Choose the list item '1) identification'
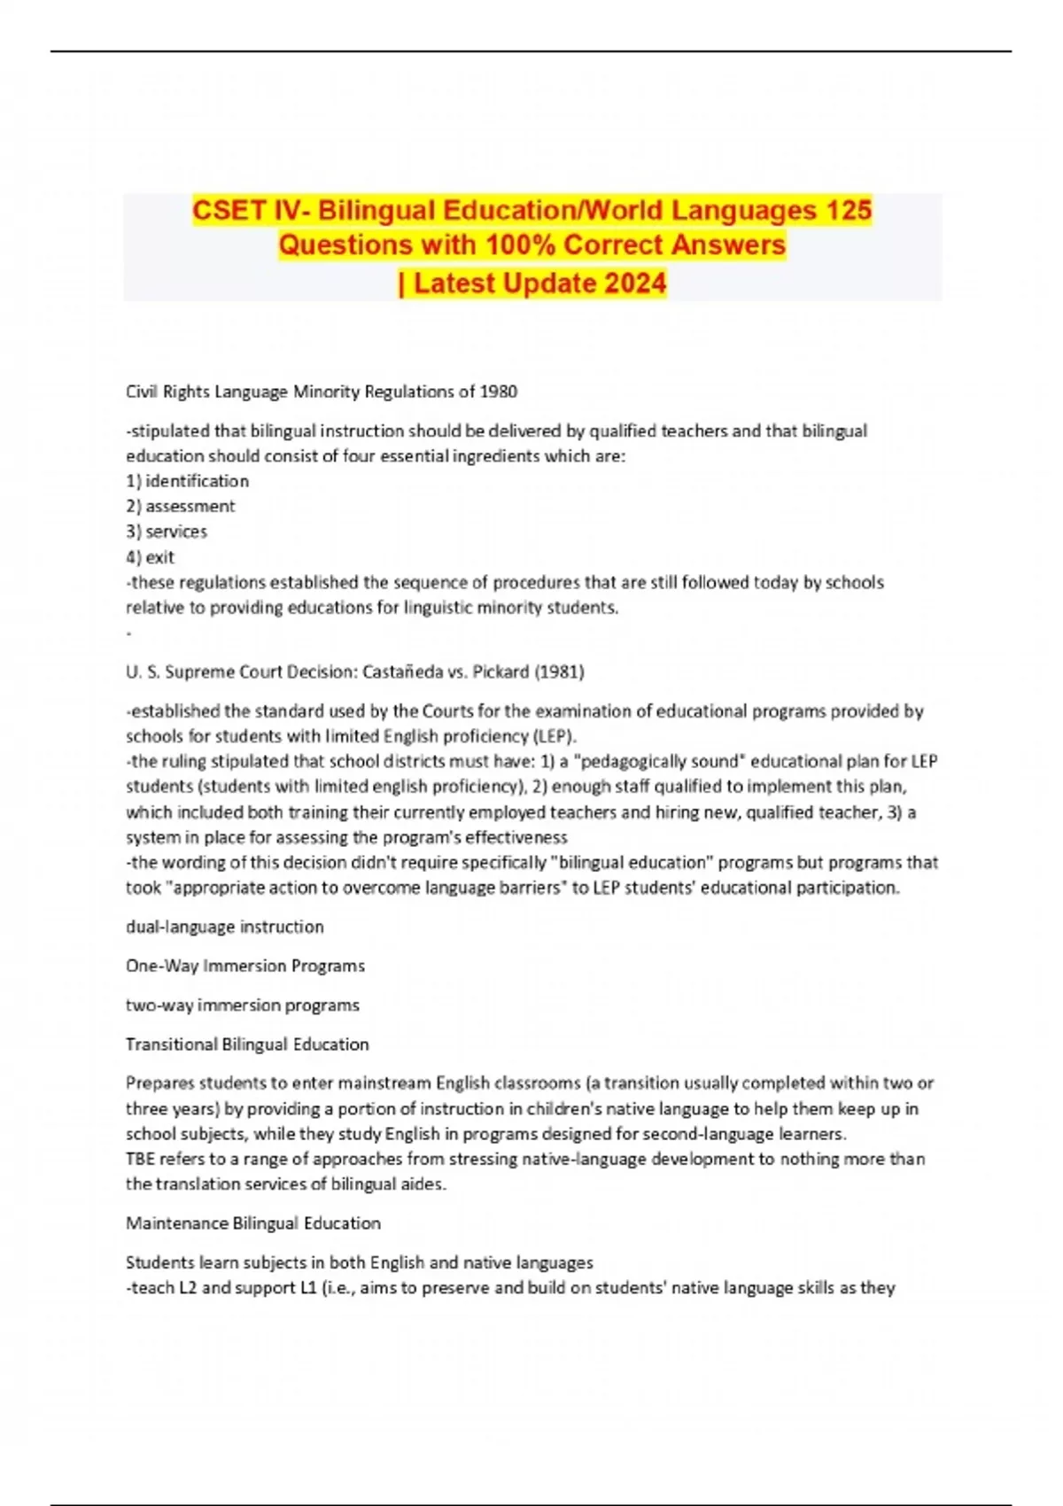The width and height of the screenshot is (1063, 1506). pos(187,481)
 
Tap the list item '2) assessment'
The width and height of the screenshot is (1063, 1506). pos(181,506)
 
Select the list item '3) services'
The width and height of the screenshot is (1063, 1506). pos(167,532)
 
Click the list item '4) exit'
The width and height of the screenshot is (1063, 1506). pos(151,557)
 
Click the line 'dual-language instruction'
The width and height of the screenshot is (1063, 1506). pos(225,927)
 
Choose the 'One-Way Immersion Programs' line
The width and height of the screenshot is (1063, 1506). pos(245,966)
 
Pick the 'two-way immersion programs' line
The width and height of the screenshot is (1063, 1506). pos(243,1005)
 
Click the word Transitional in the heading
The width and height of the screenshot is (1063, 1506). pos(171,1044)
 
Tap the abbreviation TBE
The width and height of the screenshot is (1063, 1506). pos(140,1159)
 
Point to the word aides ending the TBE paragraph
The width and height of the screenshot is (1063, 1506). pos(423,1184)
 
